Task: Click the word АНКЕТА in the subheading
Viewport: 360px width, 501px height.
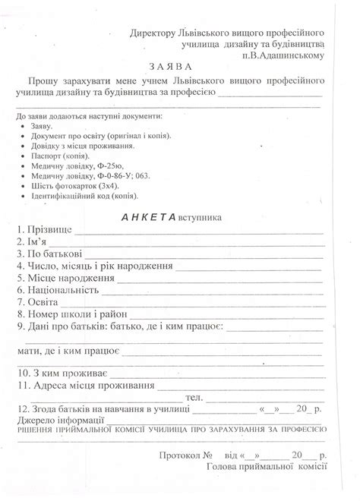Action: [x=150, y=216]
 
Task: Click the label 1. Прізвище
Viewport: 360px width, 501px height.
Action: [x=44, y=229]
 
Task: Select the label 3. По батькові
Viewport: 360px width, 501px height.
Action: [x=49, y=254]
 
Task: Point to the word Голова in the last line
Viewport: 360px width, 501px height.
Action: [x=222, y=467]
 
